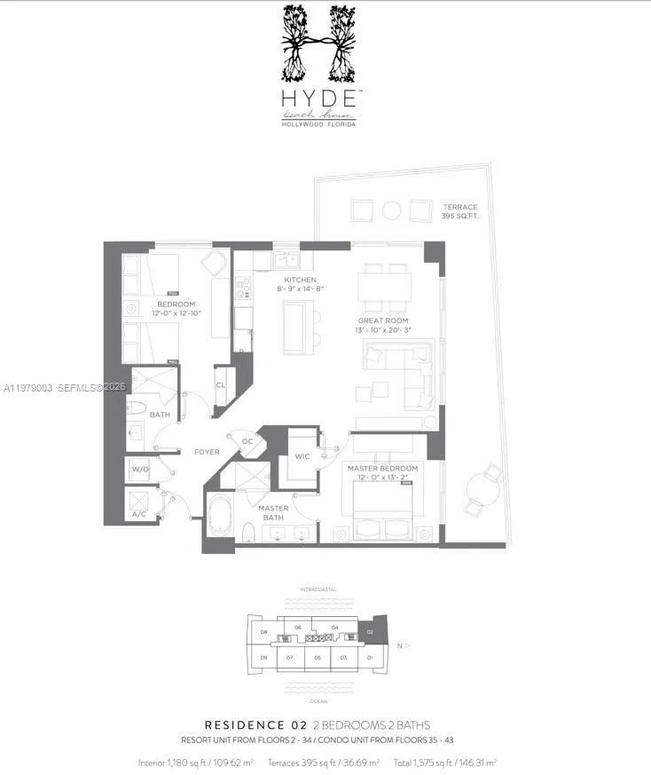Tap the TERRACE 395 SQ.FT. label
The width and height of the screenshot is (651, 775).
(459, 211)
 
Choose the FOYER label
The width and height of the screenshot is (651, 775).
(207, 452)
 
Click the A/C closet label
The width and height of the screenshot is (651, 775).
(139, 514)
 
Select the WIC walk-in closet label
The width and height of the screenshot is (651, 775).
(302, 458)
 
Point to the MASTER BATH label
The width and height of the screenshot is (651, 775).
(273, 512)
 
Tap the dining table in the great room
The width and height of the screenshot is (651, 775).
(384, 287)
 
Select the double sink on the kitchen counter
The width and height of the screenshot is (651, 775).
(286, 259)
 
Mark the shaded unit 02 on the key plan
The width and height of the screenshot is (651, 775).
(370, 633)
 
